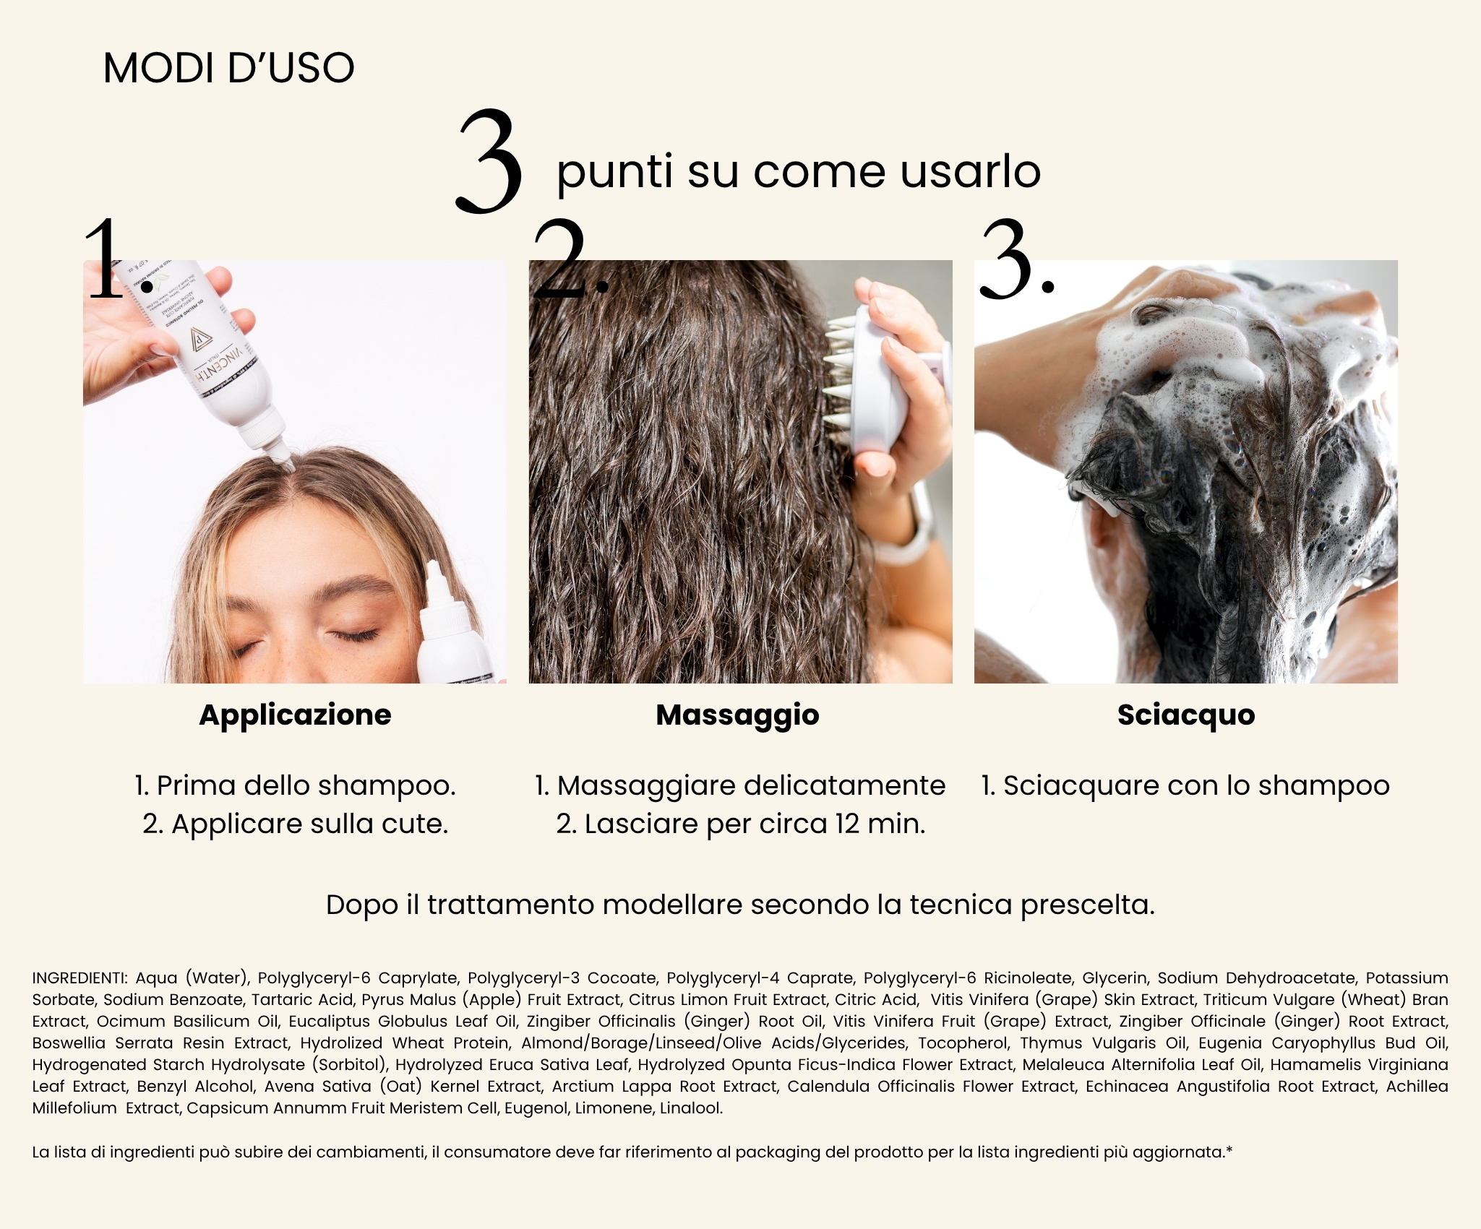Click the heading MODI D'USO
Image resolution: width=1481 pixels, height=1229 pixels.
(x=228, y=68)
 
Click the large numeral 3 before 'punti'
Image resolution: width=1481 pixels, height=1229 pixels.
(x=489, y=162)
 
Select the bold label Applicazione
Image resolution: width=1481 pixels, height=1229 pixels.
(x=295, y=715)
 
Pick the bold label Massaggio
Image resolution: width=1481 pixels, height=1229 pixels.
(x=737, y=715)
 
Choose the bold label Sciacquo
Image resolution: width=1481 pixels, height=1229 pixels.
(x=1186, y=715)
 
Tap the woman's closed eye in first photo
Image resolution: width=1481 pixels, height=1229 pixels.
(x=354, y=635)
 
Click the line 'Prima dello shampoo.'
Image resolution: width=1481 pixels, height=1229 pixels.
(x=296, y=785)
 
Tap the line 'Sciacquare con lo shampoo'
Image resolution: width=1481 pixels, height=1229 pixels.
(x=1185, y=785)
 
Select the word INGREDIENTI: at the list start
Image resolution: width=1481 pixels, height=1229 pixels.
(x=80, y=978)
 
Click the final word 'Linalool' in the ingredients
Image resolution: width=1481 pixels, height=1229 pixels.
(x=691, y=1108)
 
